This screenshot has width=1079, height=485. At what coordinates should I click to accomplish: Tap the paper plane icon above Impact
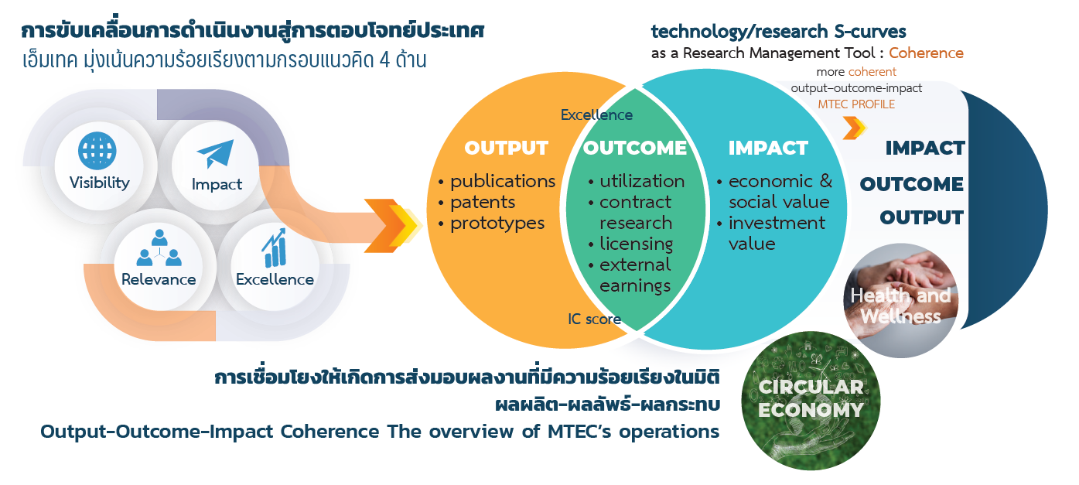[x=215, y=154]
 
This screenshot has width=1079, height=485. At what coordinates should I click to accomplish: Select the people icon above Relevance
[x=159, y=248]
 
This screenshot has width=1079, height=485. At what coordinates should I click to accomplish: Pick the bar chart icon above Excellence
[x=274, y=248]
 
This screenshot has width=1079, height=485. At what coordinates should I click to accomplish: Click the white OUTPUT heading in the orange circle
[x=507, y=148]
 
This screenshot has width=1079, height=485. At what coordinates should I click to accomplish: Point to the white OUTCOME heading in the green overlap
[x=635, y=148]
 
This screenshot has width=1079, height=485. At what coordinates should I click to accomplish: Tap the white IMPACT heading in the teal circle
[x=768, y=148]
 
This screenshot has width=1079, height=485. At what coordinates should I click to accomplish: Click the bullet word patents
[x=483, y=202]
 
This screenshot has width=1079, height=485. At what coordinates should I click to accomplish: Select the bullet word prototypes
[x=497, y=223]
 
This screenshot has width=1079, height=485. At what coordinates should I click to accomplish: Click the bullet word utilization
[x=642, y=181]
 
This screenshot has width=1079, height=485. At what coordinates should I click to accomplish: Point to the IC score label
[x=594, y=319]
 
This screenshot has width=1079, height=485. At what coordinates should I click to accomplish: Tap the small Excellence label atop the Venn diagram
[x=596, y=115]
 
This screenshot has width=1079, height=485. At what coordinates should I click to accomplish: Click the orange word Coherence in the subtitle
[x=926, y=53]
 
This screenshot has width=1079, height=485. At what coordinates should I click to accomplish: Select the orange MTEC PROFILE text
[x=856, y=104]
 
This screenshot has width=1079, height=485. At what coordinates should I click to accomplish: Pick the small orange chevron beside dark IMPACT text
[x=854, y=128]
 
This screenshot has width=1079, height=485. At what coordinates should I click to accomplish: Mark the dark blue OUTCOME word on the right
[x=911, y=184]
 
